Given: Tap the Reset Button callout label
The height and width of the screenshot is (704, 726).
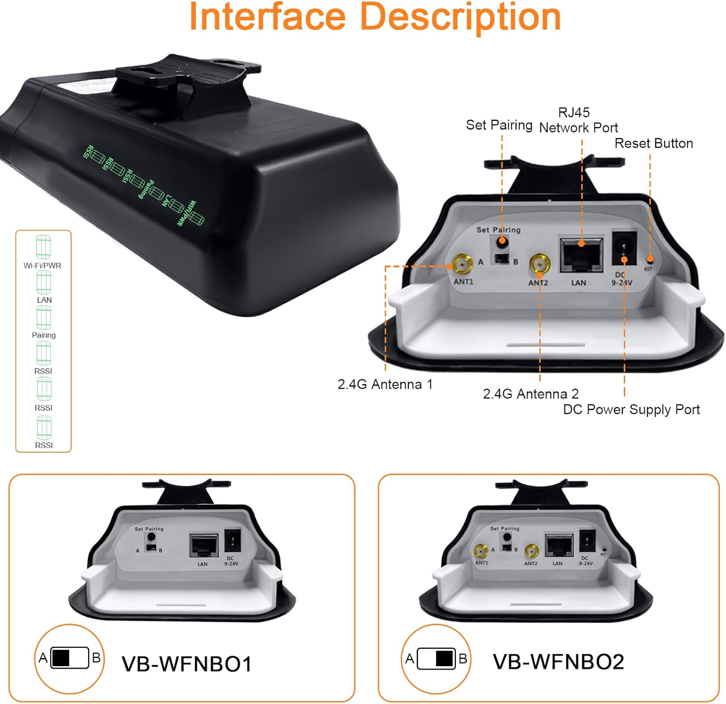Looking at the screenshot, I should [653, 143].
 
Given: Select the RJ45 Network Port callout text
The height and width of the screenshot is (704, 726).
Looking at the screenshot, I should [578, 120].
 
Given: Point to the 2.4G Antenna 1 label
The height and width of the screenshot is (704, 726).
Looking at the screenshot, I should [385, 384].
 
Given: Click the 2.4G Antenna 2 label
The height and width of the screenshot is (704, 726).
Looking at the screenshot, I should [530, 394].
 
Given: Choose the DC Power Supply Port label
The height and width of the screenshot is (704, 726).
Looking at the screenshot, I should [631, 410].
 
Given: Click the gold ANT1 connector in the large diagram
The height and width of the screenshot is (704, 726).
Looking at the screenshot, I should [463, 265].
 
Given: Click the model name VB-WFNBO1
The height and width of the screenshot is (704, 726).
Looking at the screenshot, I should [186, 664].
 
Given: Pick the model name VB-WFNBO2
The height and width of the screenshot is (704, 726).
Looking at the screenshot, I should [558, 661].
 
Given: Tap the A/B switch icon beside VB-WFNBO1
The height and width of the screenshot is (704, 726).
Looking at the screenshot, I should [70, 658].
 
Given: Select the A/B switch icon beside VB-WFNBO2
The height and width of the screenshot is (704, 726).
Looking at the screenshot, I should [436, 658].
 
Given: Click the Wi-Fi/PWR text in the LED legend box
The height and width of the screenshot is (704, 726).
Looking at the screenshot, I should [43, 265].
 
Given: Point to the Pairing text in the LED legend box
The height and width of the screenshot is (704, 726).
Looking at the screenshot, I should [44, 335].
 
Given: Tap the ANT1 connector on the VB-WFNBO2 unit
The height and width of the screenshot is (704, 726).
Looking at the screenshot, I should [481, 551].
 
